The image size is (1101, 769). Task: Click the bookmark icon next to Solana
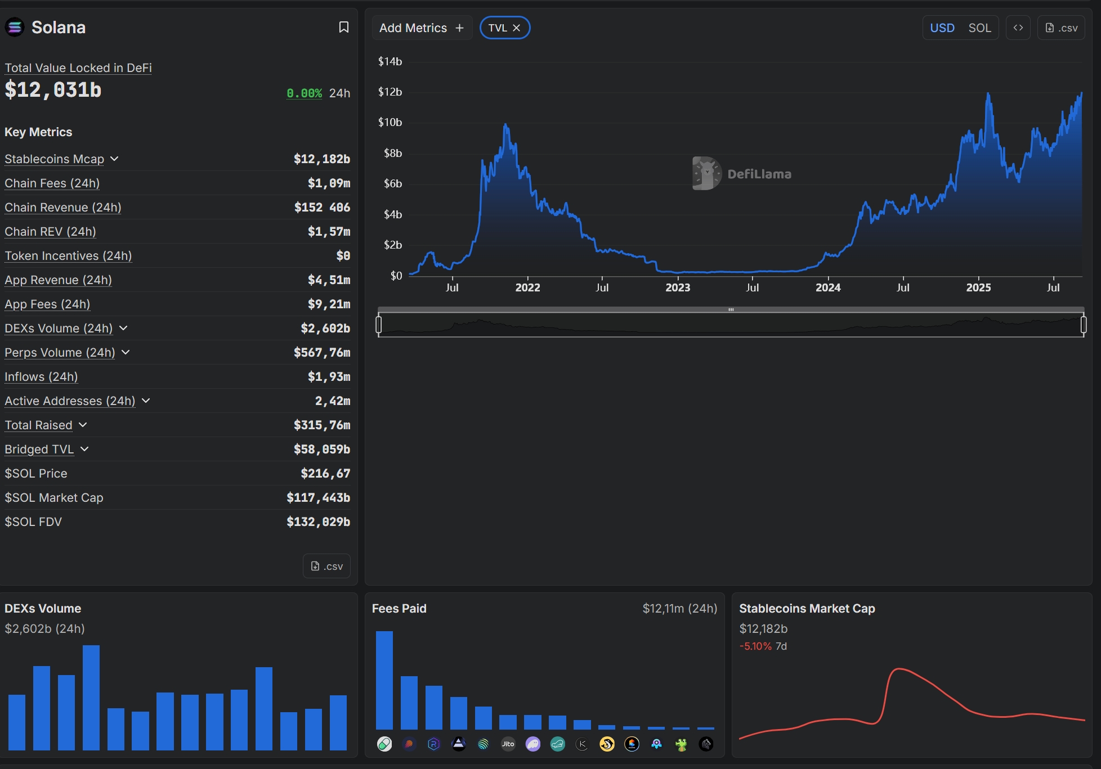coord(343,27)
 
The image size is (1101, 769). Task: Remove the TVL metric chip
coord(516,28)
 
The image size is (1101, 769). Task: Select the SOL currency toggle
coord(979,28)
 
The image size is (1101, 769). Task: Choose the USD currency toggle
coord(942,28)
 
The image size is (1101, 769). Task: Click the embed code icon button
coord(1018,28)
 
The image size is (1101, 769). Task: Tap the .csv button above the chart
coord(1061,28)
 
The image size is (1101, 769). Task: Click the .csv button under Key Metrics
coord(326,566)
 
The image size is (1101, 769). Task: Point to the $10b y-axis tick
coord(390,122)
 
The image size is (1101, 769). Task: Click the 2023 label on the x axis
coord(678,287)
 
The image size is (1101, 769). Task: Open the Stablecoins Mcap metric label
coord(55,159)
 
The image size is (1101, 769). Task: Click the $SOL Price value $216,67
coord(325,474)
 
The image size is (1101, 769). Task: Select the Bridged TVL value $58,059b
coord(322,449)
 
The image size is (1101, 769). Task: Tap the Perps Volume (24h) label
coord(60,353)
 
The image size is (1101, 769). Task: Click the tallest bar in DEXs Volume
coord(91,698)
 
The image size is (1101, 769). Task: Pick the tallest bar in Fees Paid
coord(384,680)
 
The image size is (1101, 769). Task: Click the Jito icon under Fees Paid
coord(508,744)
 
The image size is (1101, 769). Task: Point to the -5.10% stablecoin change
coord(755,646)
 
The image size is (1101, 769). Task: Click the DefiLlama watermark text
coord(759,174)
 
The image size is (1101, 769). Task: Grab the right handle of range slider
coord(1084,325)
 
